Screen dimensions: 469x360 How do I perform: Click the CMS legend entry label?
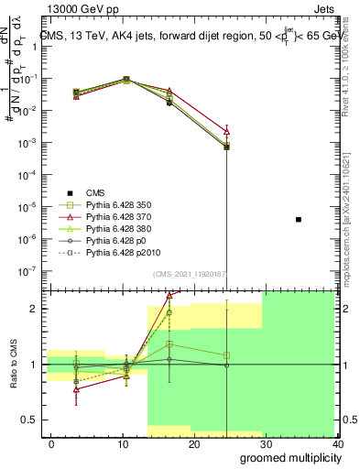[95, 192]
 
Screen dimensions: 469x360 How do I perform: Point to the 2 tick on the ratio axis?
[38, 309]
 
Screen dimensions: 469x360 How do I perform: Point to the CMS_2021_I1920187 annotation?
[189, 274]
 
